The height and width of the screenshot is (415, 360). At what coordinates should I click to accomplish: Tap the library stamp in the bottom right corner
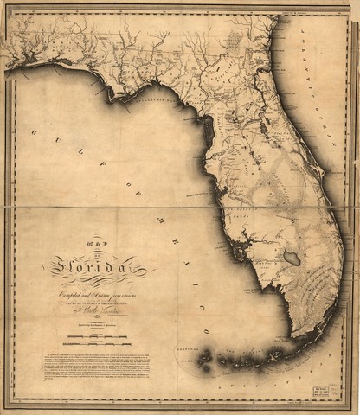click(325, 391)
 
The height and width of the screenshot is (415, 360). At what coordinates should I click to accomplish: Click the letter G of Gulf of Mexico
click(34, 132)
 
